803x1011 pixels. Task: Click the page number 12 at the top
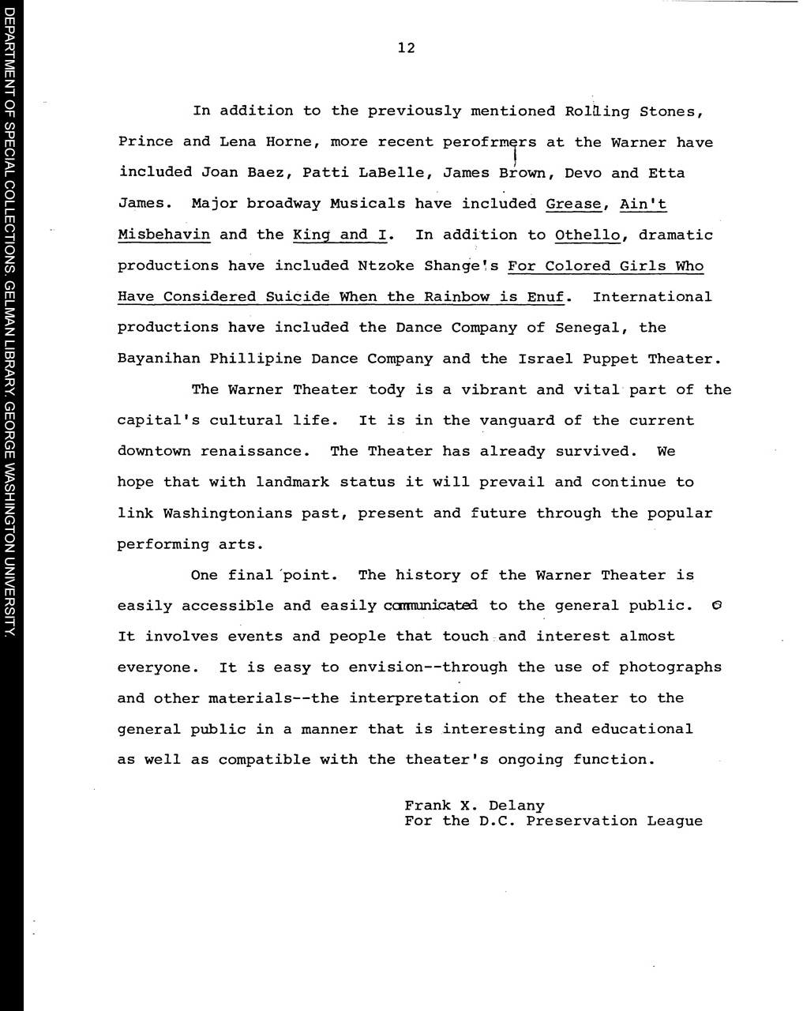406,47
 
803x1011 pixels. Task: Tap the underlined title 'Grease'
574,204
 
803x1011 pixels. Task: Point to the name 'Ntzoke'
386,266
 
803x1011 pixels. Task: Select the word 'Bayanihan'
159,359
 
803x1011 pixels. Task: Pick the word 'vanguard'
517,421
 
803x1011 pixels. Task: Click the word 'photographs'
670,667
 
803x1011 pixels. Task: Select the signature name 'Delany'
516,806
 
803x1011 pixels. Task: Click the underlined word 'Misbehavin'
163,235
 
